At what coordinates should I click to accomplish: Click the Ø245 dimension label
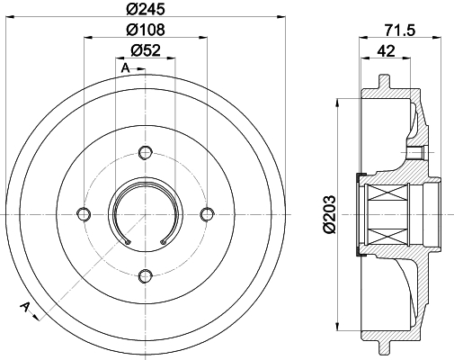point(146,9)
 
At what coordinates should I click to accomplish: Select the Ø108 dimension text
point(146,30)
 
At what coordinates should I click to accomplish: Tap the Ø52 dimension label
point(146,50)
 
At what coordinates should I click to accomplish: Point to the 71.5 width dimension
point(400,31)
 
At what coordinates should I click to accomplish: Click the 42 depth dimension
point(386,51)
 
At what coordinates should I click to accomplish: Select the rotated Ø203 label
point(329,214)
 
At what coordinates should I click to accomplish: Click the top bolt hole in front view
point(146,152)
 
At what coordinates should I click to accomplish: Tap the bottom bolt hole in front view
point(146,275)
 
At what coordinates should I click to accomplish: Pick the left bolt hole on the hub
point(84,214)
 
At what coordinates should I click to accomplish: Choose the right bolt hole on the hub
point(207,214)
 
